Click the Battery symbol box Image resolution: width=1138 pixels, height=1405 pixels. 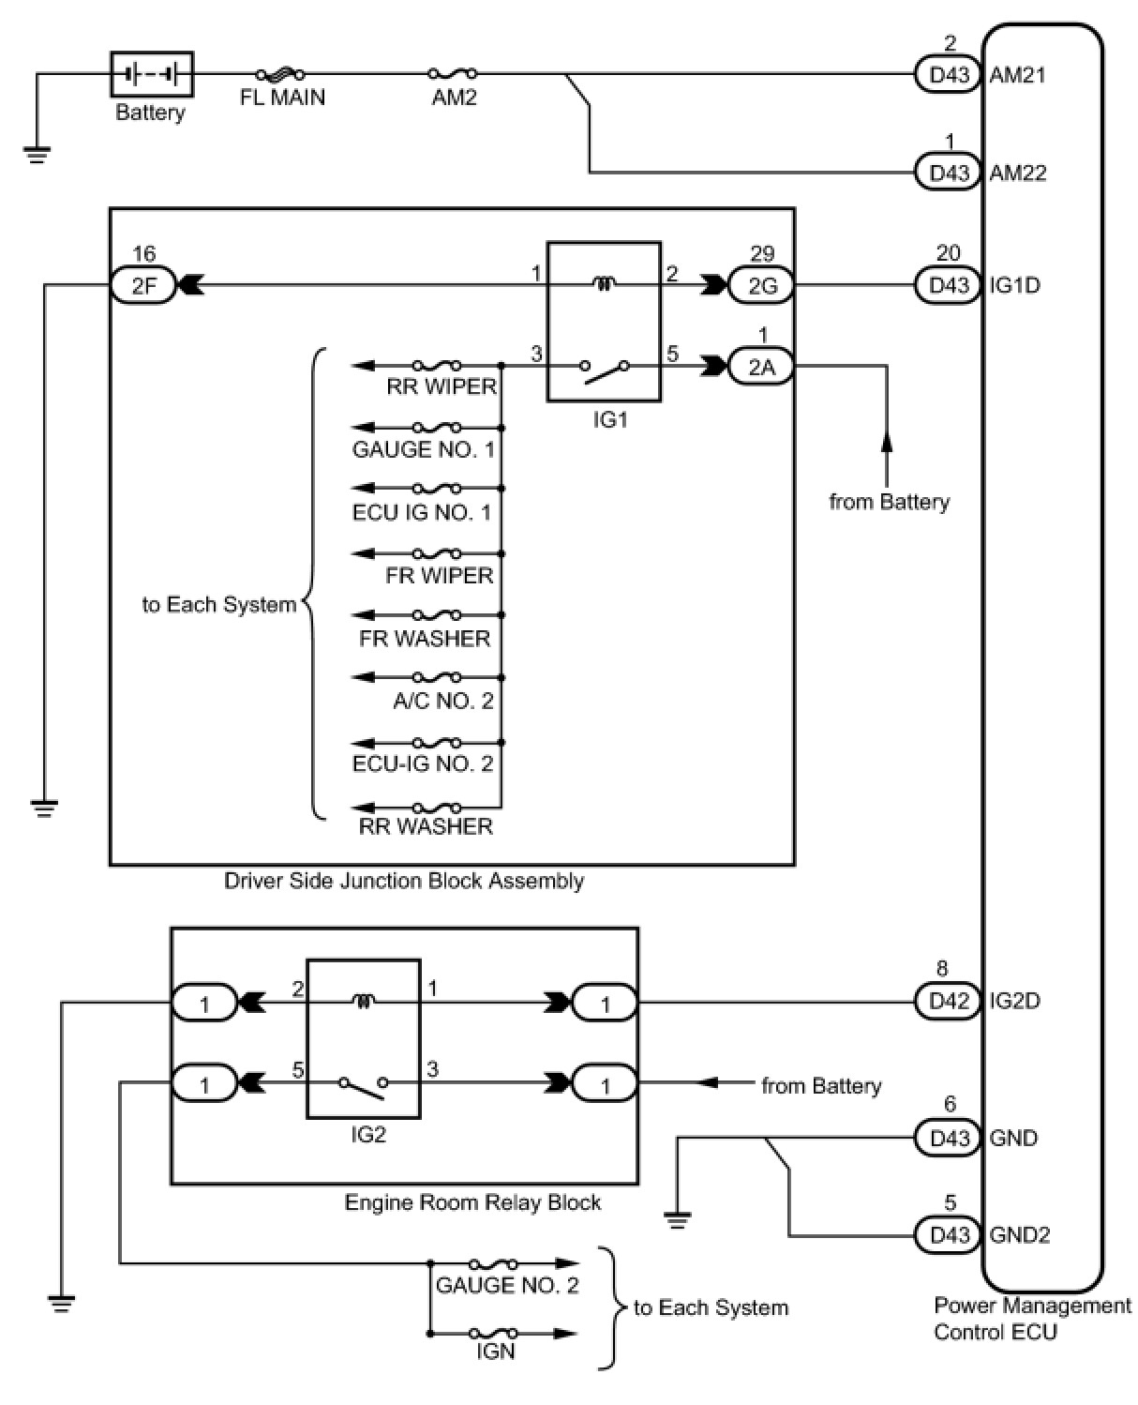tap(152, 73)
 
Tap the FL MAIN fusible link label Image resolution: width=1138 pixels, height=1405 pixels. tap(282, 98)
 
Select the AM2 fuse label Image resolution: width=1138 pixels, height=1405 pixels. tap(454, 98)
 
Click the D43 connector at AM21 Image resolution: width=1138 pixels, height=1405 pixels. tap(948, 75)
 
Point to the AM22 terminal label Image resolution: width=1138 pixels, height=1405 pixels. tap(1017, 173)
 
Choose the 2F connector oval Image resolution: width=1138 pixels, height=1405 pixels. tap(143, 285)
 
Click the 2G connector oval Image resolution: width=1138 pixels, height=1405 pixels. tap(762, 285)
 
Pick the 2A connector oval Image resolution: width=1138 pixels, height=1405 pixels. tap(762, 368)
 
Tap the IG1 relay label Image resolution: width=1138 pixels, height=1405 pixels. tap(609, 419)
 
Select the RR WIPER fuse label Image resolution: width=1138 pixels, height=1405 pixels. tap(442, 386)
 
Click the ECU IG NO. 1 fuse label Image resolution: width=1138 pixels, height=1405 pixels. tap(422, 512)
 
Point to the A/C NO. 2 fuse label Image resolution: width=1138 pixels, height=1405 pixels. tap(442, 701)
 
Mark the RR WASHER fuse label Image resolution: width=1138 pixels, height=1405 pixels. tap(426, 826)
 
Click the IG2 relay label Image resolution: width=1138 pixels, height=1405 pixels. tap(367, 1134)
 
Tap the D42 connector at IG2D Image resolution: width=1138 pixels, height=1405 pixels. tap(948, 1002)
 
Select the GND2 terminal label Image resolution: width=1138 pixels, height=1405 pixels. tap(1019, 1234)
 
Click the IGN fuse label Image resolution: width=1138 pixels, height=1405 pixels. tap(495, 1352)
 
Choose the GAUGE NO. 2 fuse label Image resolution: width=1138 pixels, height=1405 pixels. tap(507, 1285)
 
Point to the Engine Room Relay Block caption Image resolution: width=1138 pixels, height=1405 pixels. tap(472, 1202)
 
